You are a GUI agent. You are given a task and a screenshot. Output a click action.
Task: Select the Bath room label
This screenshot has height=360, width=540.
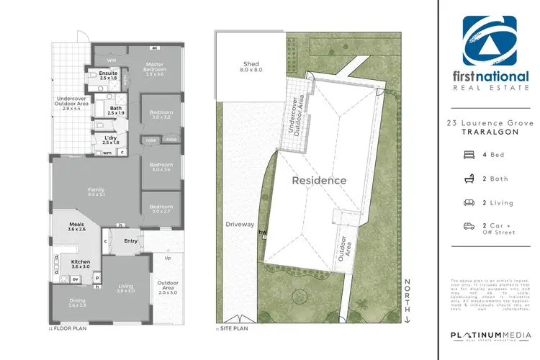[115, 110]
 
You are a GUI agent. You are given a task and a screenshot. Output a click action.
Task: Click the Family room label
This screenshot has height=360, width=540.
[96, 191]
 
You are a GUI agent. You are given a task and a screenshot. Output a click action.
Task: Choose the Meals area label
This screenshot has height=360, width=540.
[77, 225]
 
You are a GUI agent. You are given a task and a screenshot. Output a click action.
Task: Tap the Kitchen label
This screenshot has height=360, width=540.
[80, 263]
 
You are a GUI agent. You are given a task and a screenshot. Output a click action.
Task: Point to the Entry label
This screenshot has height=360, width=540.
[130, 241]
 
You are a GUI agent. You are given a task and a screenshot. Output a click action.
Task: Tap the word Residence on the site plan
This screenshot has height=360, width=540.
[318, 181]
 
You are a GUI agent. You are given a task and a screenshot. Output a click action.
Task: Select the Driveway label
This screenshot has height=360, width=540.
[240, 225]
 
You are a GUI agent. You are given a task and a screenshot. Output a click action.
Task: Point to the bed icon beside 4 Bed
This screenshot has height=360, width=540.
[469, 154]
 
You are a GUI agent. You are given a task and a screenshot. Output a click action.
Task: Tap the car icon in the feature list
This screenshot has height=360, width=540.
[469, 226]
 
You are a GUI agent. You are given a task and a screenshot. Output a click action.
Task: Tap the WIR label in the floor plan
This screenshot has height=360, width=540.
[112, 60]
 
